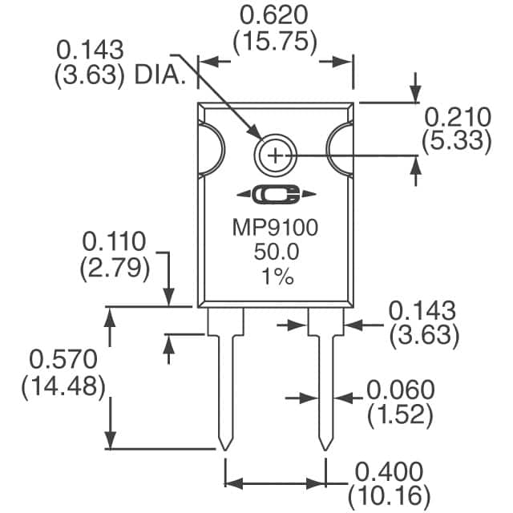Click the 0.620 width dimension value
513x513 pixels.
[274, 15]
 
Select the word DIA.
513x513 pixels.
[160, 75]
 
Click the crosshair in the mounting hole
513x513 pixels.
[275, 156]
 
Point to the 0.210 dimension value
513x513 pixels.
[458, 117]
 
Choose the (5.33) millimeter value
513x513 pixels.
[457, 141]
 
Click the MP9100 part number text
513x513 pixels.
[275, 228]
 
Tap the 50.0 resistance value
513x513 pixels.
[277, 252]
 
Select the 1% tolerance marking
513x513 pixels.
[277, 277]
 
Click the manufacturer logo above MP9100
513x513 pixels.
[277, 194]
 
